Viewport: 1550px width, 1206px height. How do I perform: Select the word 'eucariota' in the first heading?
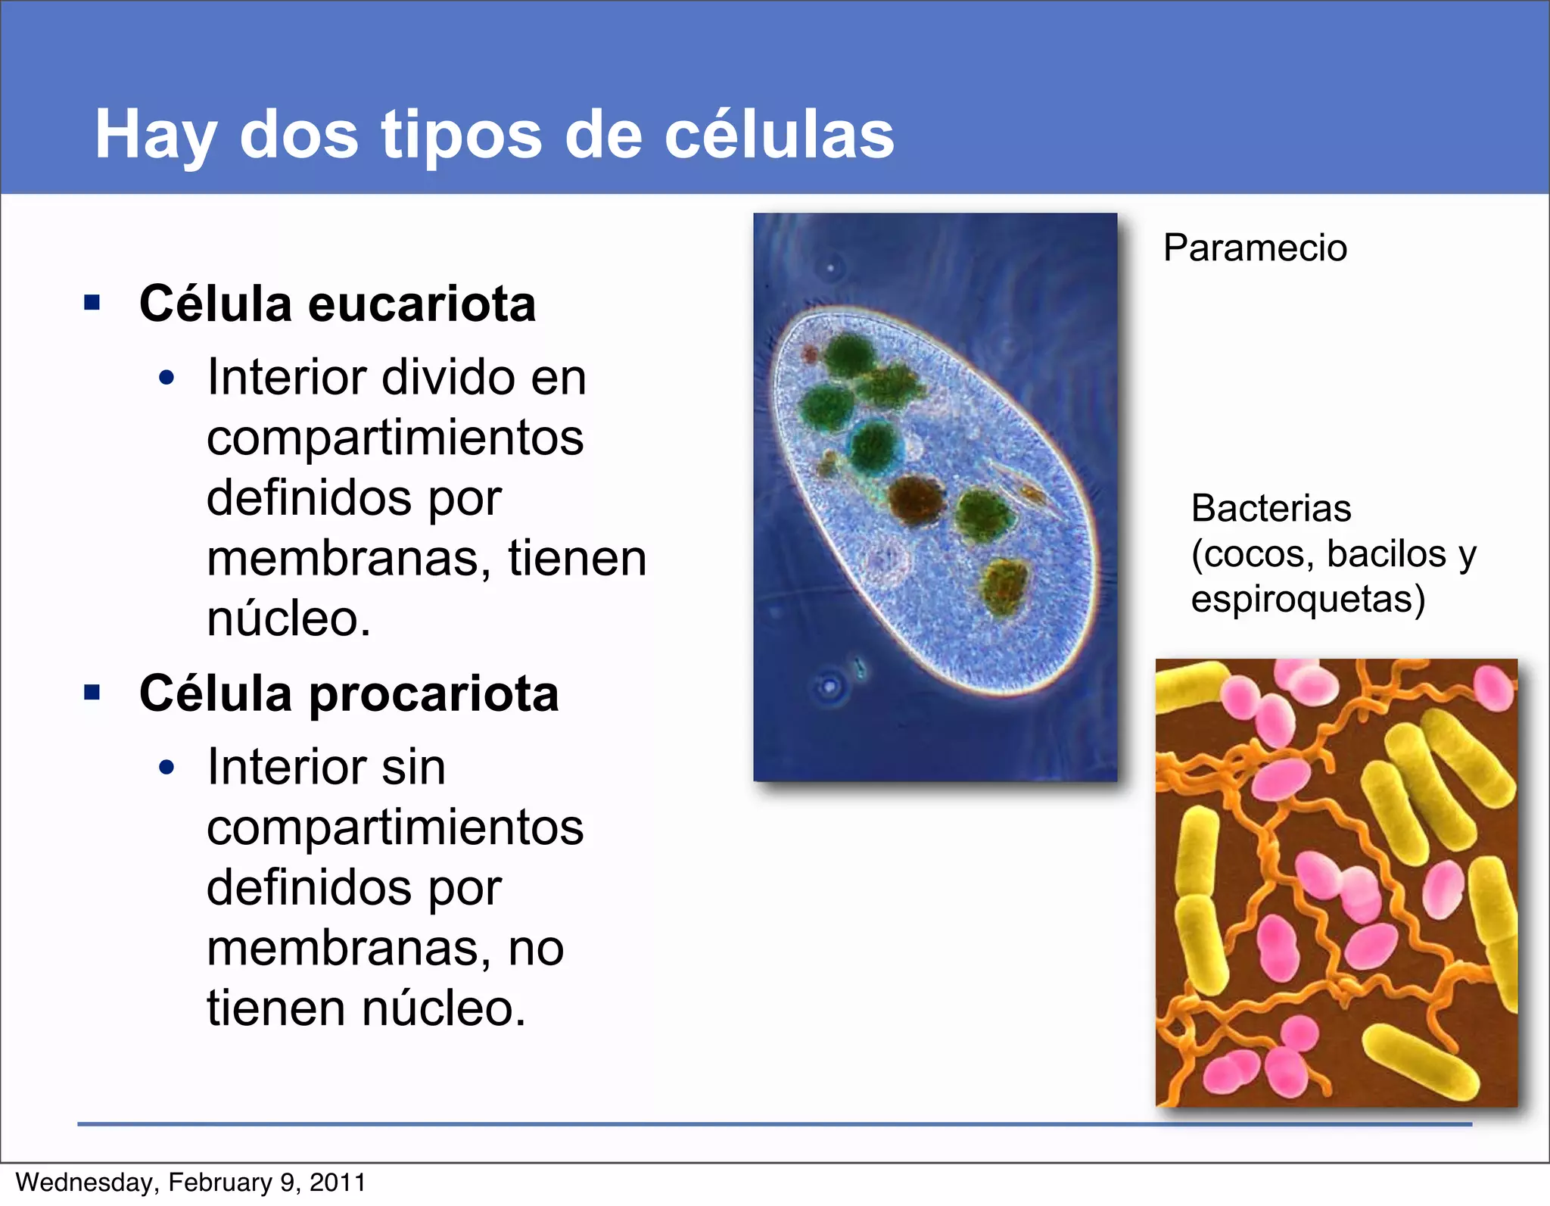click(422, 304)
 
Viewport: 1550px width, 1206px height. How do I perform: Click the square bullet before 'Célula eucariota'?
click(92, 304)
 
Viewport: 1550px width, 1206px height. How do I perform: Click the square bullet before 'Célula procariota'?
click(92, 693)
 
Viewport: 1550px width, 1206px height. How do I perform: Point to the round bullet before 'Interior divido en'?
click(167, 378)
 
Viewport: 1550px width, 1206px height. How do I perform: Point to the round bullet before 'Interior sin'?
click(167, 768)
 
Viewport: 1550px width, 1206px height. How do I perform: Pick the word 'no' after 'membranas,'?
click(536, 948)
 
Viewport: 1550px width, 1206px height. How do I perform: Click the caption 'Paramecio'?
click(1255, 248)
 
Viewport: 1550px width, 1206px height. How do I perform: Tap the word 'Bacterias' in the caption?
click(1271, 508)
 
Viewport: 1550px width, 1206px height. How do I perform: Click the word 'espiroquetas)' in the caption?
click(1308, 599)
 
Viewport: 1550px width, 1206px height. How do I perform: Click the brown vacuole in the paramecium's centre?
click(917, 500)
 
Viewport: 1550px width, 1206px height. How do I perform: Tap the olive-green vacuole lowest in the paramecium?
click(1004, 587)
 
